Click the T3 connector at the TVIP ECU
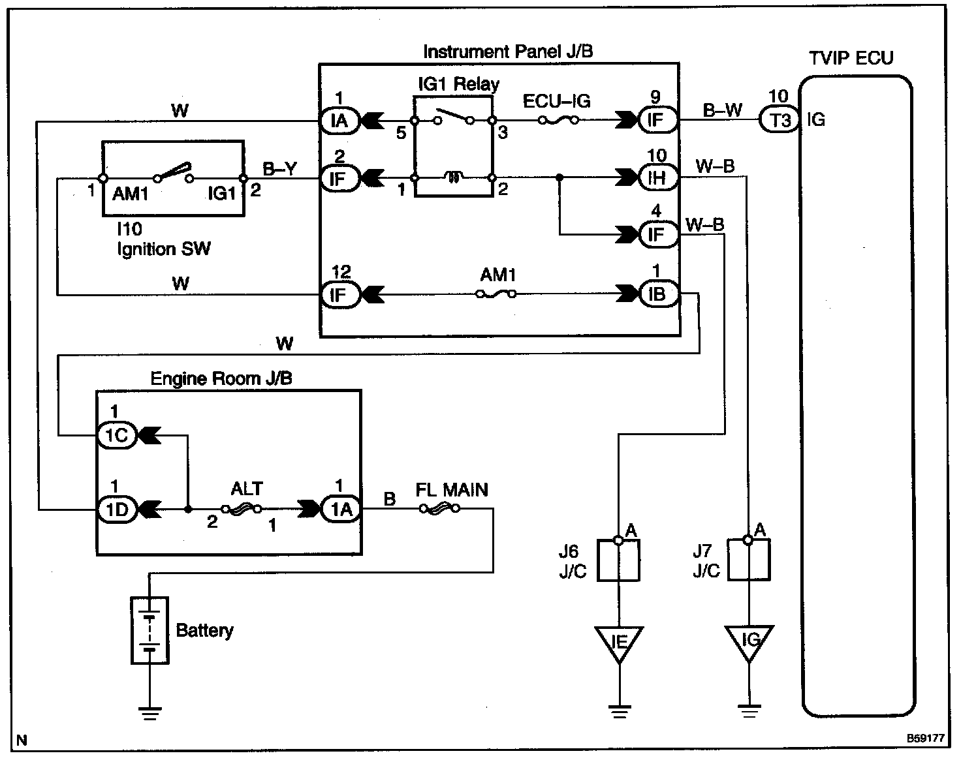(780, 120)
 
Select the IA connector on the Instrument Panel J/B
(339, 121)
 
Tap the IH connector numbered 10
(657, 177)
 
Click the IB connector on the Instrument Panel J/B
(657, 294)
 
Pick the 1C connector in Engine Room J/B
(117, 434)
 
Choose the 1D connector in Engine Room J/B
(117, 510)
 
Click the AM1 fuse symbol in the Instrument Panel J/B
(496, 294)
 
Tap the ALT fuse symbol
(242, 509)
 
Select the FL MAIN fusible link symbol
(439, 509)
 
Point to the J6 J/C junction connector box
(619, 560)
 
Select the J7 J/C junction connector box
(749, 560)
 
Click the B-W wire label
(722, 110)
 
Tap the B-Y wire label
(279, 169)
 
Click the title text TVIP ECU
(851, 58)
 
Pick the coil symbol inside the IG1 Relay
(453, 177)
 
